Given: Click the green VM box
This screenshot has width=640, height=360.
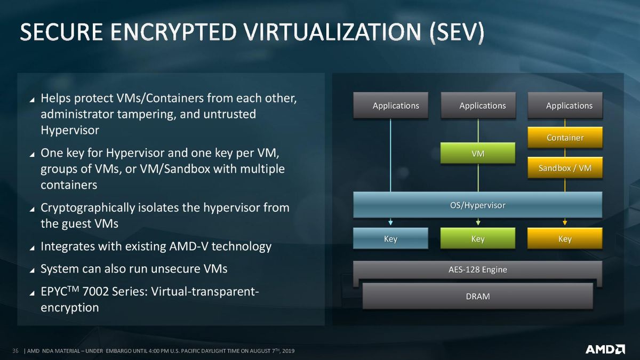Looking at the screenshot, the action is click(x=478, y=153).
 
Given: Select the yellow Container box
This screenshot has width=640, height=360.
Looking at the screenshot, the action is click(x=565, y=138).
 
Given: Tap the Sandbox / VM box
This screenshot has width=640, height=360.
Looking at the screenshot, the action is click(x=565, y=167).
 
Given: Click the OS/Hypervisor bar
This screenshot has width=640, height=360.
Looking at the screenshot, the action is click(x=478, y=205).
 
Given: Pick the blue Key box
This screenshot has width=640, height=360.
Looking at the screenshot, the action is click(x=390, y=238).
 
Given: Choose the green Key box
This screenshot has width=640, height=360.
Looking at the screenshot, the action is click(x=478, y=238).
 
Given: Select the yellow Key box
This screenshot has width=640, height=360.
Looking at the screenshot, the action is click(x=565, y=238).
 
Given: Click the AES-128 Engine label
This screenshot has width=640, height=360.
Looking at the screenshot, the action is click(x=478, y=270).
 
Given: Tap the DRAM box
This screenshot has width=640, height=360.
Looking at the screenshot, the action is click(x=478, y=297).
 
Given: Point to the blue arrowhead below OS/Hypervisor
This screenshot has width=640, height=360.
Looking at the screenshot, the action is click(x=390, y=222).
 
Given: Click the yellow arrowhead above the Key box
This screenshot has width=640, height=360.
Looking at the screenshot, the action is click(x=565, y=222).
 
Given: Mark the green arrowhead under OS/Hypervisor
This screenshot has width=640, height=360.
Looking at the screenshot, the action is click(x=478, y=222).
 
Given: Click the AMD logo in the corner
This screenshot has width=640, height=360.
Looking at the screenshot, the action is click(x=605, y=349).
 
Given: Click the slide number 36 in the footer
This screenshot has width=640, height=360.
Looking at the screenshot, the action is click(x=15, y=350).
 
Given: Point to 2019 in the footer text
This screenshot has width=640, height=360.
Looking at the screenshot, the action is click(x=289, y=351).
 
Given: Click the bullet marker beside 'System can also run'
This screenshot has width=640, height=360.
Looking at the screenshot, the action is click(x=32, y=270).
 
